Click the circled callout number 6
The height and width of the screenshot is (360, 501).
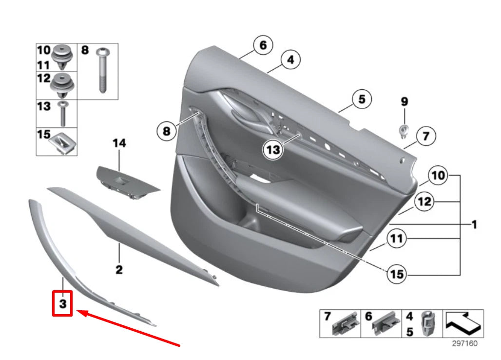[263, 46]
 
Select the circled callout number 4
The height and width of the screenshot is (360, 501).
[290, 60]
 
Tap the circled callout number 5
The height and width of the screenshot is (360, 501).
[361, 100]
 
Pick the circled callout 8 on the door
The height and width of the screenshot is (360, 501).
[167, 131]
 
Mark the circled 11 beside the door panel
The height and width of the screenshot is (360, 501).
[397, 239]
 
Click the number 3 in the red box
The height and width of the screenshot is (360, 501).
[63, 304]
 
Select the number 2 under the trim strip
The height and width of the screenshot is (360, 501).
[119, 269]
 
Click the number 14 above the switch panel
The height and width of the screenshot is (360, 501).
[119, 143]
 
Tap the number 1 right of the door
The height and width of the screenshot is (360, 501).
[473, 225]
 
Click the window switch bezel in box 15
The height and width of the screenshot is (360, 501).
[61, 142]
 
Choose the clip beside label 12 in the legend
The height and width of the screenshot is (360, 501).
[61, 85]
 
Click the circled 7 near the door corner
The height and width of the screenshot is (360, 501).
[425, 136]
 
